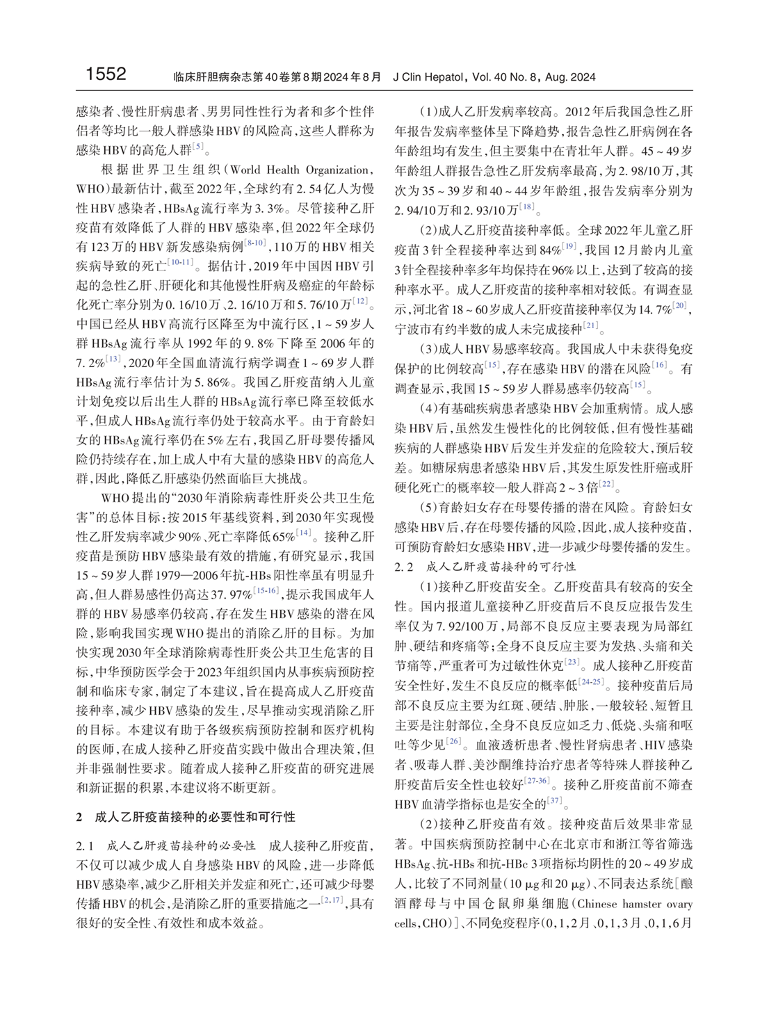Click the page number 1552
tap(106, 74)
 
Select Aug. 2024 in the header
tap(570, 77)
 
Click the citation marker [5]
tap(199, 147)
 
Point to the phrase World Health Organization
tap(300, 170)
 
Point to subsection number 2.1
tap(85, 846)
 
